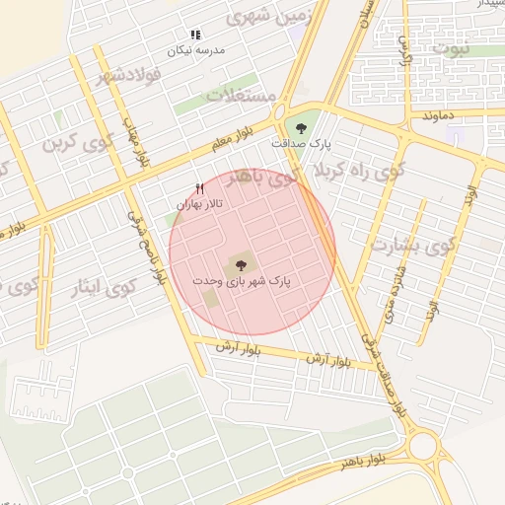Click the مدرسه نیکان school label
coord(196,49)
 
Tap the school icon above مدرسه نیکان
coord(196,35)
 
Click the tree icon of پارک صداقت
coord(300,126)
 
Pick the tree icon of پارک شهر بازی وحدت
coord(239,263)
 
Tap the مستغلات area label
coord(242,96)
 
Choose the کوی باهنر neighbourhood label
coord(259,179)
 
